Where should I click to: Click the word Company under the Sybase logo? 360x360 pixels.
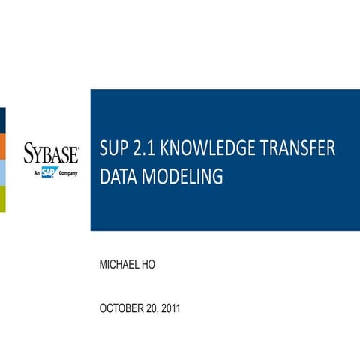(68, 173)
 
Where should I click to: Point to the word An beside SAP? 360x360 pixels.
(37, 173)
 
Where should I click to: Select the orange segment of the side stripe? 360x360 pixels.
(2, 146)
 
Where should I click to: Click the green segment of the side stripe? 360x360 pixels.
(2, 199)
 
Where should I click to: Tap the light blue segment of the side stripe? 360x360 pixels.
(2, 172)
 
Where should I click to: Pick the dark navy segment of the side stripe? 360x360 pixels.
(2, 120)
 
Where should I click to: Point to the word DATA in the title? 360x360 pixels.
(118, 178)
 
